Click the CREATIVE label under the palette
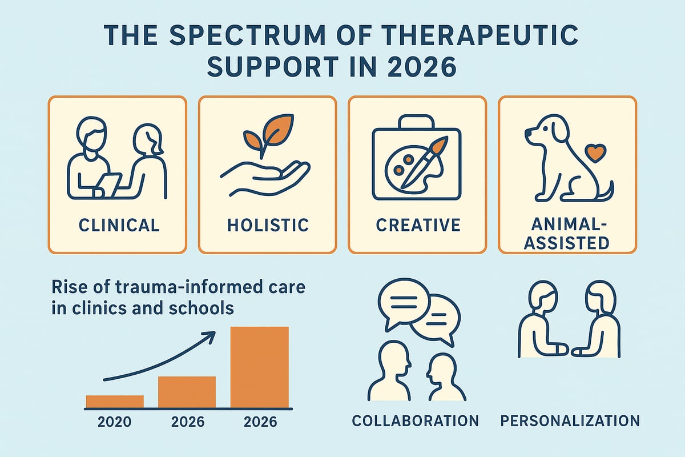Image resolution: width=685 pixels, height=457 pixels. click(418, 225)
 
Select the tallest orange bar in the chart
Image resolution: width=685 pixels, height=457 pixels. click(259, 367)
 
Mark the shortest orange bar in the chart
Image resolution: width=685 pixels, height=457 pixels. click(115, 402)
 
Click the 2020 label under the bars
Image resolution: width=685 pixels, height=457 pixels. click(115, 423)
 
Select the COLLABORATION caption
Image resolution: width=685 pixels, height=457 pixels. click(415, 421)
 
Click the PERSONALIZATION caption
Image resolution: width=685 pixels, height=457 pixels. click(570, 421)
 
